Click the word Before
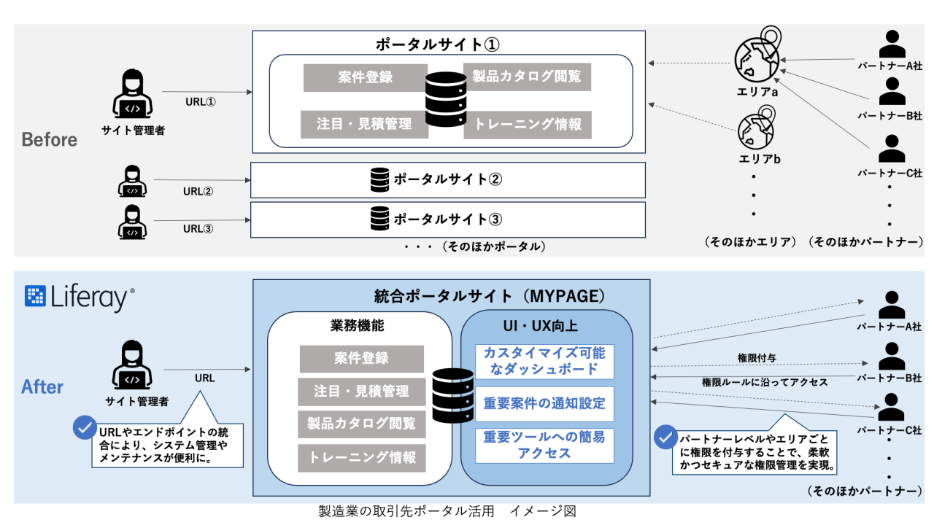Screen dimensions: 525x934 pyautogui.click(x=50, y=140)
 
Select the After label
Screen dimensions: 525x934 pyautogui.click(x=42, y=387)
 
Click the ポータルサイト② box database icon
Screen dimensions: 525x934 pyautogui.click(x=379, y=179)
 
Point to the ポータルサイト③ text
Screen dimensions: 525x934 pyautogui.click(x=448, y=219)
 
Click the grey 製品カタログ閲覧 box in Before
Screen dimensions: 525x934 pyautogui.click(x=527, y=77)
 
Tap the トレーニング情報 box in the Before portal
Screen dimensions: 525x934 pyautogui.click(x=528, y=125)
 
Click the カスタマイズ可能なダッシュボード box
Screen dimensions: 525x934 pyautogui.click(x=544, y=361)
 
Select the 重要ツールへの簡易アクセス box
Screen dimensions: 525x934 pyautogui.click(x=544, y=445)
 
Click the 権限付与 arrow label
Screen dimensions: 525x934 pyautogui.click(x=757, y=358)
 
